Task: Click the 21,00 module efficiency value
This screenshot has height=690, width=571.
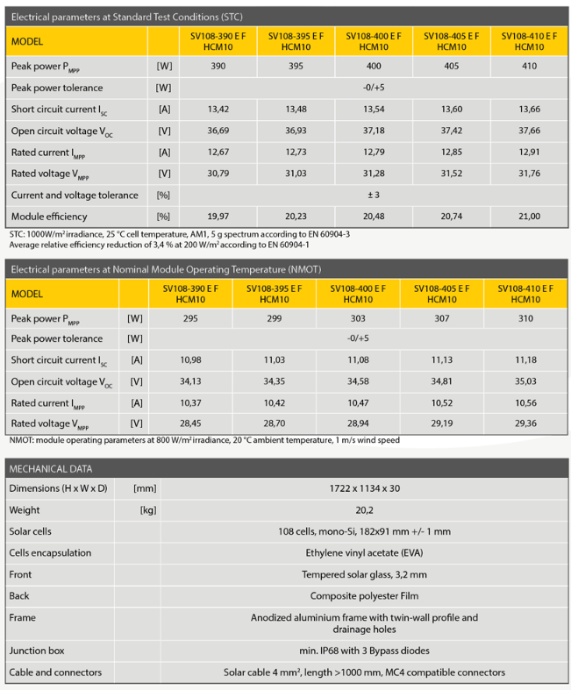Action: click(x=530, y=216)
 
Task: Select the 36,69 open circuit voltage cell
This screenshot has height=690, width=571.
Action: click(x=218, y=131)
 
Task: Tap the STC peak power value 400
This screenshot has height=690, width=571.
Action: click(x=374, y=66)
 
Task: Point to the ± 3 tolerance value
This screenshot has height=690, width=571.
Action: click(x=374, y=195)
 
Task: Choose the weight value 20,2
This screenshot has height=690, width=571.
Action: click(x=364, y=509)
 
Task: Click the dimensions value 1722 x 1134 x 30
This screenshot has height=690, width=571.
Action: click(x=364, y=488)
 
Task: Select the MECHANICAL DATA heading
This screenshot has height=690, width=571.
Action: click(x=51, y=468)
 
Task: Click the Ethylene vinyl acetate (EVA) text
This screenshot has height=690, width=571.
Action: click(x=364, y=553)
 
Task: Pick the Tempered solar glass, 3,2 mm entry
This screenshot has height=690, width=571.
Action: click(x=364, y=574)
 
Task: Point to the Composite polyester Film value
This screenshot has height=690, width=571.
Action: click(x=364, y=596)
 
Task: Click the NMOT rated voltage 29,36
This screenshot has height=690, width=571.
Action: click(x=525, y=423)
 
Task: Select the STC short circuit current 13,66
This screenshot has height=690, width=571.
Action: click(x=530, y=109)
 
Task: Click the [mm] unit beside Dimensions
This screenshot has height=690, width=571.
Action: click(x=145, y=488)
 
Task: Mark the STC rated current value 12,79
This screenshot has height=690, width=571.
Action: click(x=374, y=152)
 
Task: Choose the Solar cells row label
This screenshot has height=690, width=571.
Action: click(x=31, y=531)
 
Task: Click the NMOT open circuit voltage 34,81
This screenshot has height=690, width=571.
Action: click(x=442, y=381)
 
